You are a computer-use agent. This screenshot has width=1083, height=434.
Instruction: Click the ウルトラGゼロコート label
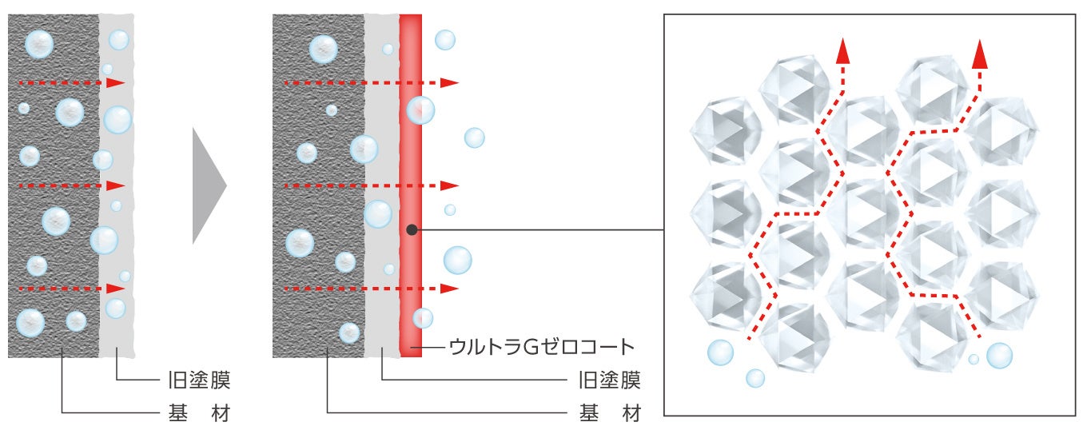tap(541, 347)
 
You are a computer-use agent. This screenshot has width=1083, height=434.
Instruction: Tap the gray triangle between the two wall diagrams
tap(209, 185)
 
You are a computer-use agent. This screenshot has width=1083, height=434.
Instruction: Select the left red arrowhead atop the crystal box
tap(842, 52)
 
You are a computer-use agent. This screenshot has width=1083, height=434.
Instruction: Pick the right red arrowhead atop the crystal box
tap(979, 54)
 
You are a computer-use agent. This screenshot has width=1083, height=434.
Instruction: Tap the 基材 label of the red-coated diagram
tap(608, 412)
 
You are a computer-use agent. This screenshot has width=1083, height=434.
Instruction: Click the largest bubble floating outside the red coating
tap(457, 260)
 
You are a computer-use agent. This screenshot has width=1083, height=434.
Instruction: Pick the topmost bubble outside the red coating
tap(445, 40)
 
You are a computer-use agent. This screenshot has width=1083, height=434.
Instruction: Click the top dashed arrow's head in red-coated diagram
tap(451, 82)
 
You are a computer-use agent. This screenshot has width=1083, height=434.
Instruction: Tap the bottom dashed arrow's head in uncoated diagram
tap(117, 288)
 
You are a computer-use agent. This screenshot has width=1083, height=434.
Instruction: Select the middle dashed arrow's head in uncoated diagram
tap(117, 185)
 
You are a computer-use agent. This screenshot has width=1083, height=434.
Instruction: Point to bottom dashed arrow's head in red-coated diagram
tap(451, 288)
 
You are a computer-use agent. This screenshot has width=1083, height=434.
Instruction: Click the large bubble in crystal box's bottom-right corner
tap(999, 355)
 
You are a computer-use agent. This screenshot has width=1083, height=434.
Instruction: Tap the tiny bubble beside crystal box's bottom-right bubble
tap(974, 360)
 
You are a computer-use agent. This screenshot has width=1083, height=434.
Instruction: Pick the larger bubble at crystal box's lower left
tap(720, 352)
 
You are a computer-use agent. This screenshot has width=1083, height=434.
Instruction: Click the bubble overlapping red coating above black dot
tap(420, 109)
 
